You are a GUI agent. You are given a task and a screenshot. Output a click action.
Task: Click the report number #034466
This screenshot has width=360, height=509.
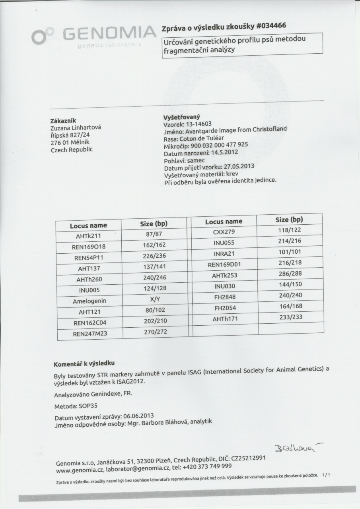(268, 26)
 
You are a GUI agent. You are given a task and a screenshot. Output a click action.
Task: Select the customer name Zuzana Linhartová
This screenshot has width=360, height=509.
(76, 128)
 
